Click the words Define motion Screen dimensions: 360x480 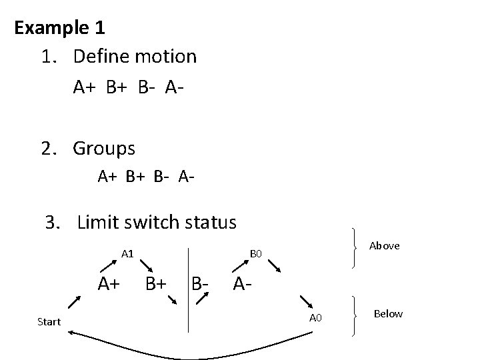pos(135,56)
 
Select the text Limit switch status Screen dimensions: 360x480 pos(157,221)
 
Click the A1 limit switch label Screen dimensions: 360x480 pos(128,253)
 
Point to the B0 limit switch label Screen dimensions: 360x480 pos(257,253)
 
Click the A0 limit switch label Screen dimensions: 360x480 pos(315,317)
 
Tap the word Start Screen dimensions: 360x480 pos(49,321)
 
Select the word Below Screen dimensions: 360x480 pos(388,313)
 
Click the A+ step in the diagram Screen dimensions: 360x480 pos(109,284)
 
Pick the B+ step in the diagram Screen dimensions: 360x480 pos(155,284)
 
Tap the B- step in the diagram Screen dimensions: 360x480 pos(201,284)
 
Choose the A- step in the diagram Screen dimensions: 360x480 pos(243,284)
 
